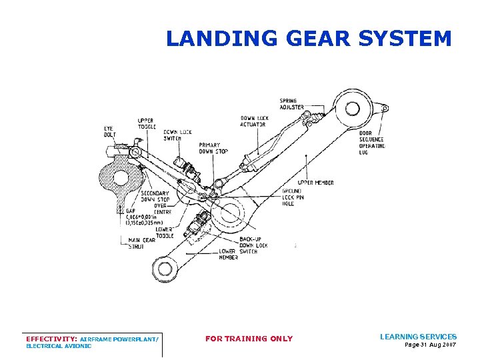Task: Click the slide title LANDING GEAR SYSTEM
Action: click(x=309, y=38)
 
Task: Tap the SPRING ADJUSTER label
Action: click(x=292, y=103)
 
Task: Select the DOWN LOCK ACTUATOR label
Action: click(x=253, y=121)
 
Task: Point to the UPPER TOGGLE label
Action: click(x=145, y=125)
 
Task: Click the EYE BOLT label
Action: click(x=109, y=131)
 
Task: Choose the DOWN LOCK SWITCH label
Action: click(x=177, y=135)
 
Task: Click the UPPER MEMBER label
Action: click(x=316, y=182)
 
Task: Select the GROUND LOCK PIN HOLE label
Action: click(x=293, y=197)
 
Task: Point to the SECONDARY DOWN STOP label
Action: click(x=155, y=197)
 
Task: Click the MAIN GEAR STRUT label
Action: click(x=141, y=243)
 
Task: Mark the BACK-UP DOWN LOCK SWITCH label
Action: click(x=253, y=245)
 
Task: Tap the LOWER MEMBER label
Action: click(x=228, y=254)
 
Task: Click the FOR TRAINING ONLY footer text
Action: click(x=249, y=339)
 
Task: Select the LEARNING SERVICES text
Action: click(x=418, y=337)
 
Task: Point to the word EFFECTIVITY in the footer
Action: click(x=50, y=339)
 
